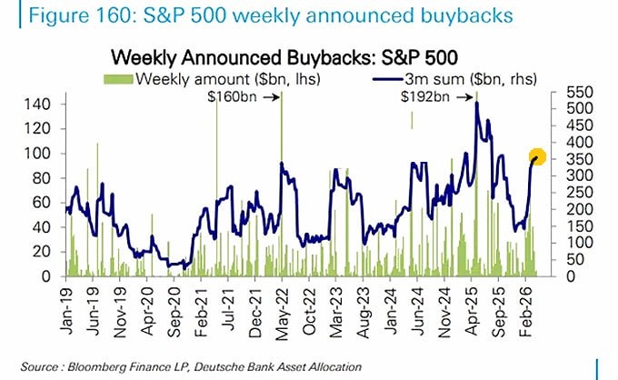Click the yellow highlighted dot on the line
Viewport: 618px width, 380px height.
point(537,156)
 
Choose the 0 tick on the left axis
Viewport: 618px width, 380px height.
point(48,276)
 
